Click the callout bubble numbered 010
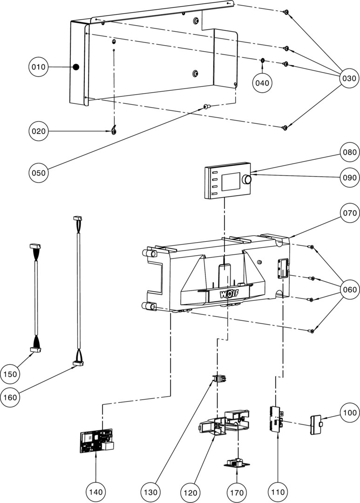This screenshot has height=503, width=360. click(39, 67)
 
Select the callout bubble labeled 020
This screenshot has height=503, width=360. click(39, 131)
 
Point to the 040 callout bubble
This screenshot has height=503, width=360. click(262, 83)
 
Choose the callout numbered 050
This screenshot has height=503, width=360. click(39, 173)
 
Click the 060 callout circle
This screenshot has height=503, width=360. click(349, 290)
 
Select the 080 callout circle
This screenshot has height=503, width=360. click(349, 152)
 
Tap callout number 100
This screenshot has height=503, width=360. click(349, 413)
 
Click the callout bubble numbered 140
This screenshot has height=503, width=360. click(95, 491)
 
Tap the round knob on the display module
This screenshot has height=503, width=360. click(247, 179)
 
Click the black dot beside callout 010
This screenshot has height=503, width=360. click(76, 67)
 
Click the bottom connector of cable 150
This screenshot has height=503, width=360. click(36, 349)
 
